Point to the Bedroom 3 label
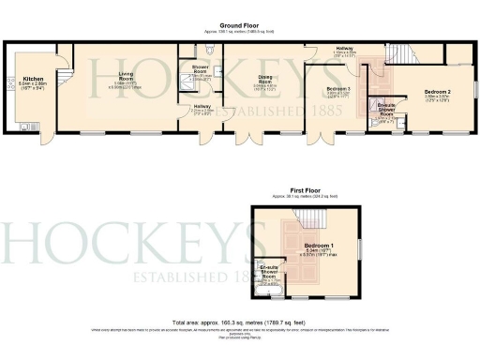point(338,90)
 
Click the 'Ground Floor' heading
point(239,27)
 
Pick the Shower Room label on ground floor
point(200,71)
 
